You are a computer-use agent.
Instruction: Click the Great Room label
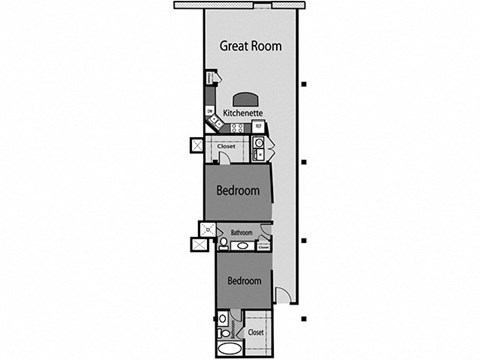click(250, 46)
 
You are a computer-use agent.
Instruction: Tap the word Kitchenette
click(243, 114)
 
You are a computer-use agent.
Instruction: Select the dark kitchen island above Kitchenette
click(243, 100)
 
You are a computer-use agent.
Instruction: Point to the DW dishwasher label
click(209, 110)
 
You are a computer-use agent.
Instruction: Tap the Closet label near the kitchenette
click(226, 147)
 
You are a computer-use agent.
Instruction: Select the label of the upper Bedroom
click(239, 190)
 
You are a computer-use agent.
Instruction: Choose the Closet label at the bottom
click(255, 331)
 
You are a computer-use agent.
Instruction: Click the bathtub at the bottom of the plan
click(230, 350)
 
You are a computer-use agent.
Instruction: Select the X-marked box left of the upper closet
click(198, 144)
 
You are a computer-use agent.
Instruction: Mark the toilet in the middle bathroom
click(222, 242)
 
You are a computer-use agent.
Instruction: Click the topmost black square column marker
click(304, 83)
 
